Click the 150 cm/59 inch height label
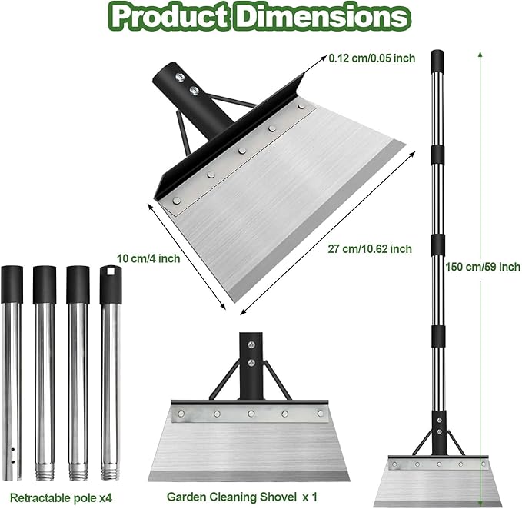pyautogui.click(x=483, y=267)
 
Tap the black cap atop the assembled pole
pyautogui.click(x=437, y=60)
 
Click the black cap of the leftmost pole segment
pyautogui.click(x=12, y=277)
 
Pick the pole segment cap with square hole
pyautogui.click(x=108, y=277)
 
